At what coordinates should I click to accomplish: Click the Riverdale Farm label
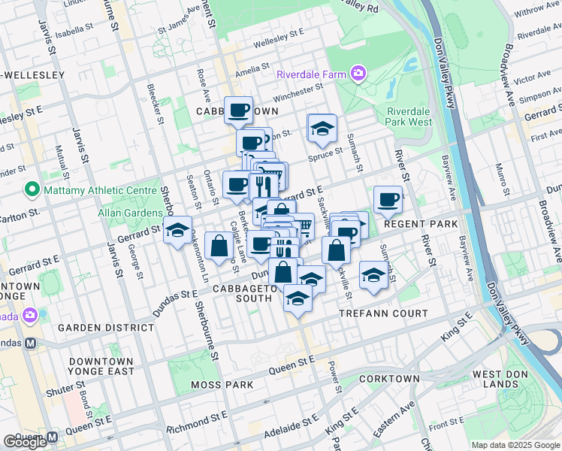(310, 74)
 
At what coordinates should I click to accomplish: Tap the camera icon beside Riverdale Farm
(358, 74)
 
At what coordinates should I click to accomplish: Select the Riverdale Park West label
(409, 116)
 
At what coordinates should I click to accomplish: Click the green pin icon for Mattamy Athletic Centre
(31, 189)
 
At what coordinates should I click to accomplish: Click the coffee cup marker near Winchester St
(239, 110)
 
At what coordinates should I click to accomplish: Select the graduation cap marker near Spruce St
(322, 129)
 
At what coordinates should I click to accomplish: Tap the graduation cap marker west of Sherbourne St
(178, 231)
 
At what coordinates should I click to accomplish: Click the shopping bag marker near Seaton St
(218, 246)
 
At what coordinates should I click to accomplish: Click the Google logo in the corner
(25, 442)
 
